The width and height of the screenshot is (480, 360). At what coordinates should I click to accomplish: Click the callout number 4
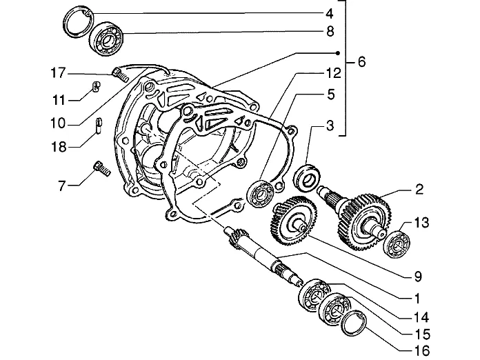click(330, 14)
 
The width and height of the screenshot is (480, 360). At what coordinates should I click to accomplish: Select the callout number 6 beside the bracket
click(361, 62)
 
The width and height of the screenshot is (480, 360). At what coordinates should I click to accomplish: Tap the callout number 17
click(58, 73)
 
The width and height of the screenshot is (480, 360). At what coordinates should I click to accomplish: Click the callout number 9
click(418, 277)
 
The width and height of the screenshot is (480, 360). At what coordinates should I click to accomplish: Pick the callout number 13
click(421, 223)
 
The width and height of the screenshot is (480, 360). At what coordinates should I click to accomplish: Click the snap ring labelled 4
click(78, 22)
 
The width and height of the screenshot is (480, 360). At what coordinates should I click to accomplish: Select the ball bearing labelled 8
click(106, 39)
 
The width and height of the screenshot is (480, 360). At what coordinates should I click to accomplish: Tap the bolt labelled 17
click(120, 74)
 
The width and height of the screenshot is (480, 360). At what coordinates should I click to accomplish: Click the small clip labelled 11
click(96, 87)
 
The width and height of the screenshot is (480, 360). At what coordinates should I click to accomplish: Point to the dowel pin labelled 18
click(99, 126)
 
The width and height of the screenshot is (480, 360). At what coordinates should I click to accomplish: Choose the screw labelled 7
click(101, 169)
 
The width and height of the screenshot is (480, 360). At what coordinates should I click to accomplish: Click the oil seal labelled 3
click(307, 178)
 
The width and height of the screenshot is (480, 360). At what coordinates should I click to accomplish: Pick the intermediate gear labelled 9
click(294, 220)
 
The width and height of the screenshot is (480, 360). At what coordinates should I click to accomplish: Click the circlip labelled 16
click(354, 323)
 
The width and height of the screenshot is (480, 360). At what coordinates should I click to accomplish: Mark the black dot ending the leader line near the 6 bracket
click(338, 53)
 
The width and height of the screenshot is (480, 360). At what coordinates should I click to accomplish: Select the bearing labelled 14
click(314, 295)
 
